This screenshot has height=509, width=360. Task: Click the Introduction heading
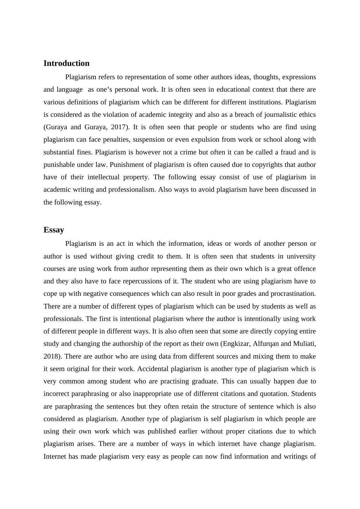pos(66,63)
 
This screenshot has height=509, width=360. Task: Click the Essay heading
pos(54,230)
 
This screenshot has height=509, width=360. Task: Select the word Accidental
pos(153,369)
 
